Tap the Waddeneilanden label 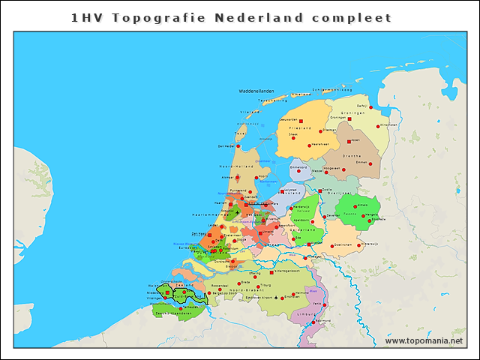[256, 91]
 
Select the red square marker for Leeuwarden [300, 120]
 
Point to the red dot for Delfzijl [370, 107]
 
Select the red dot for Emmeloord [298, 171]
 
